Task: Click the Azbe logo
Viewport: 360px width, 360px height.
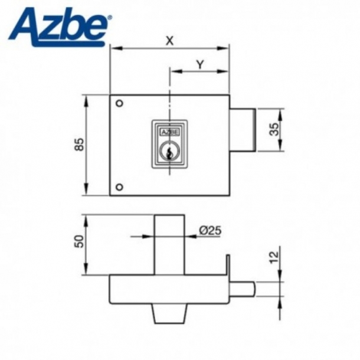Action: pos(59,27)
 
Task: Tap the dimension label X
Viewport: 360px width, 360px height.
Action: pos(169,41)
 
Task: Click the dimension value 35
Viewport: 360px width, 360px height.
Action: pos(273,130)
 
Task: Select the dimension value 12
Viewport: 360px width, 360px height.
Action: pos(273,258)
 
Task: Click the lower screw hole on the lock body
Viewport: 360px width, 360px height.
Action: pos(119,187)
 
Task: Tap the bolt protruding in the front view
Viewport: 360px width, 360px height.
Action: pos(243,130)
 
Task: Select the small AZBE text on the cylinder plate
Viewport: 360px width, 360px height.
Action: pos(169,132)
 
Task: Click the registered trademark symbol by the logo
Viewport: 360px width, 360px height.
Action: pos(109,18)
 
